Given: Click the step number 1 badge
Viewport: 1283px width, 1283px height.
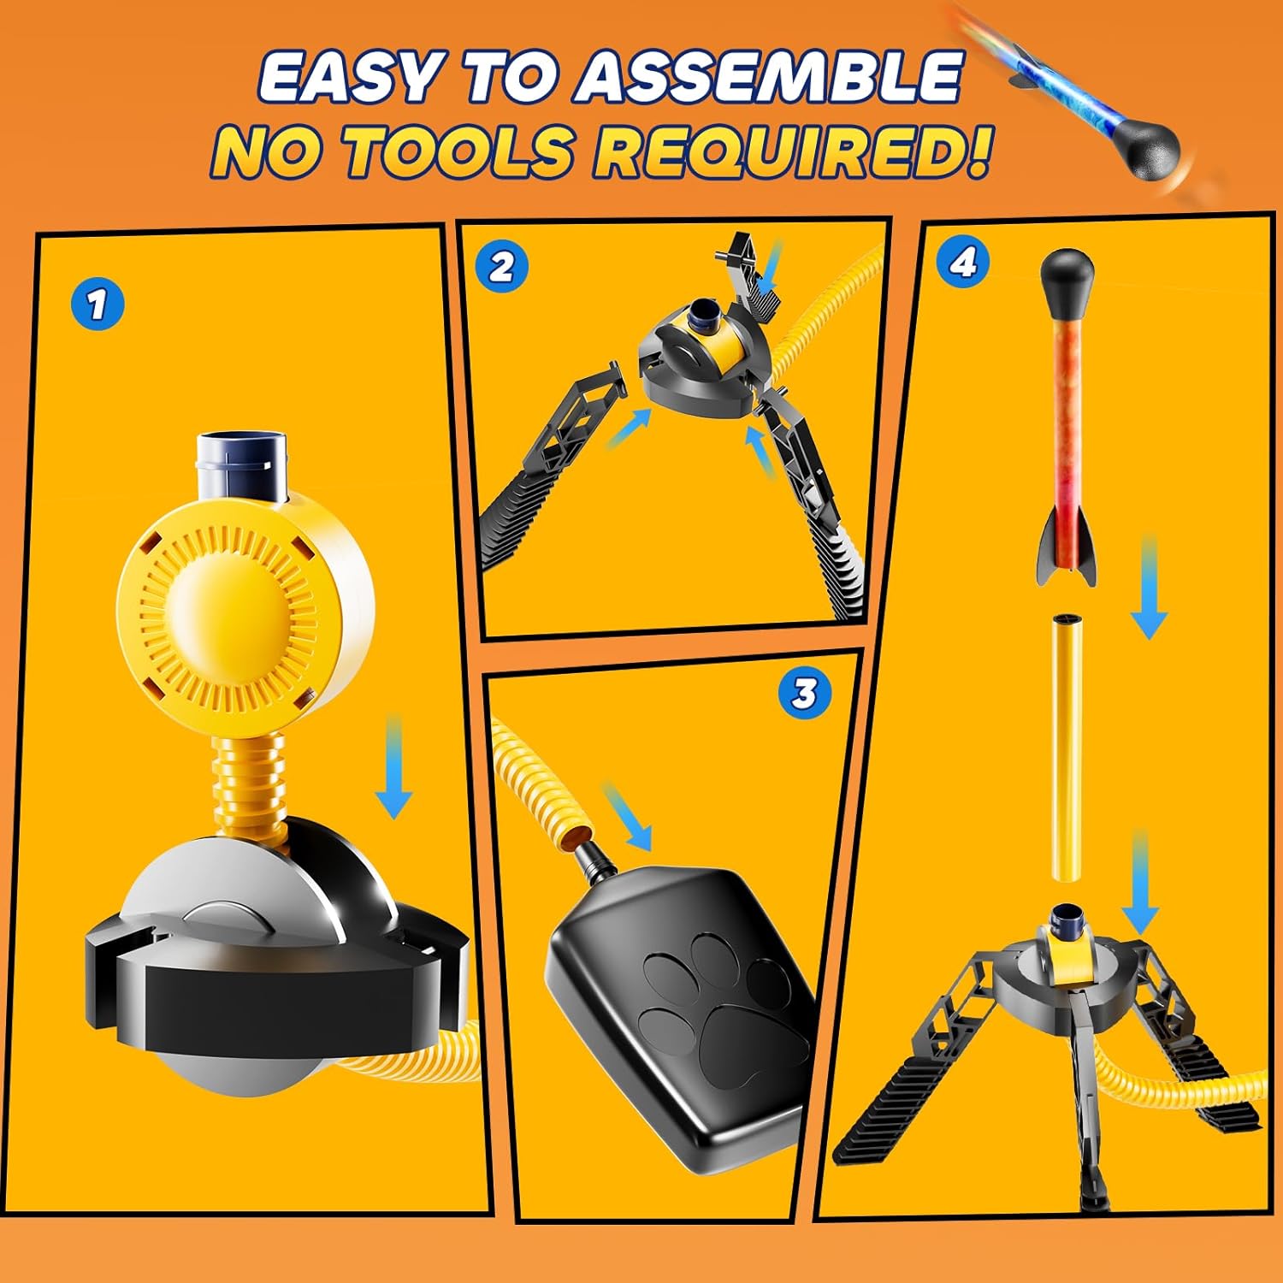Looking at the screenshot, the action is coord(98,304).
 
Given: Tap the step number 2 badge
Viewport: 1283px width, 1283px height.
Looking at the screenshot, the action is coord(502,268).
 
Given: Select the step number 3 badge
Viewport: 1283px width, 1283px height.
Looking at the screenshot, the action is coord(804,693).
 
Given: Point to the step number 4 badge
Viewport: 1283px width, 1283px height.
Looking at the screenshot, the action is coord(963,263).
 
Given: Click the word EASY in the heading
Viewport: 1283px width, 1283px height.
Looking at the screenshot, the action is coord(346,78).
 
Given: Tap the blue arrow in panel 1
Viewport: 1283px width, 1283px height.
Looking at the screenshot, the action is coord(393,767).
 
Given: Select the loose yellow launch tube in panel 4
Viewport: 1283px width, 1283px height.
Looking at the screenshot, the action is coord(1067,748).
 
